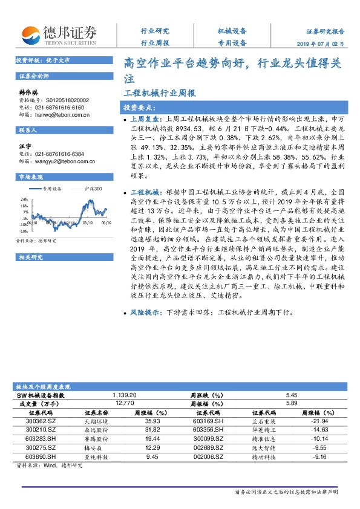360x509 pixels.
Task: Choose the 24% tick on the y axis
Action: pos(25,199)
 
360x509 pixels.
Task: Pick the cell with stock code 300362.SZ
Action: pos(41,421)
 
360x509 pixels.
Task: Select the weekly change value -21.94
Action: pos(318,421)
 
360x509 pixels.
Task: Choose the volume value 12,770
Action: pos(124,403)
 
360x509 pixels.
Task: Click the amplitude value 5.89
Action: pos(292,403)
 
